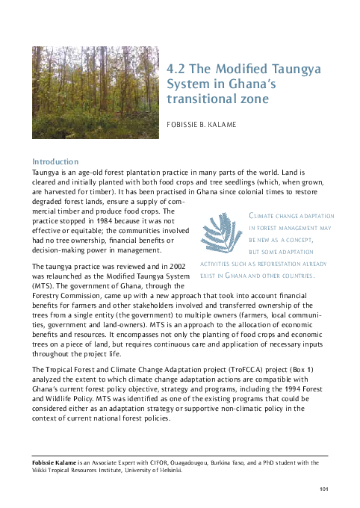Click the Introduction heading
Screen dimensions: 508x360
[x=55, y=161]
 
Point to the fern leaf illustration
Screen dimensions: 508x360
[x=223, y=237]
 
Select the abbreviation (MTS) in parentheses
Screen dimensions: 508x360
[x=45, y=286]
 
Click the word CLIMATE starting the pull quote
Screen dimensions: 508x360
[x=262, y=217]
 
